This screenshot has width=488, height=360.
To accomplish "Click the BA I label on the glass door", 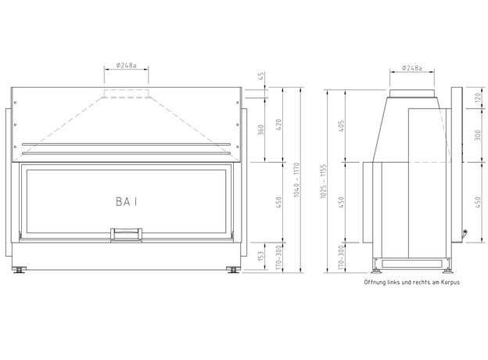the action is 126,201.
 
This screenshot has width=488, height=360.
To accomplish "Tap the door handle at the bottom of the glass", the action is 127,235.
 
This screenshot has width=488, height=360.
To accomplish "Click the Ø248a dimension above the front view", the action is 127,66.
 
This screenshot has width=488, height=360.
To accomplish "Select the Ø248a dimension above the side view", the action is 411,68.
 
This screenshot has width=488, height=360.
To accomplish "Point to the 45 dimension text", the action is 261,76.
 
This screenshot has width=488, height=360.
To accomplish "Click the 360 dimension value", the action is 260,130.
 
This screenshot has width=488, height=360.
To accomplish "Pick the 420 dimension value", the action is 278,125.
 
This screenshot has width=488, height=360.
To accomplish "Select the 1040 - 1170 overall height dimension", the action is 296,180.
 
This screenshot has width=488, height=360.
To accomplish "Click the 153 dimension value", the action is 260,256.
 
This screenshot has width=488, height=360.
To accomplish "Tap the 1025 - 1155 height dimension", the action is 323,182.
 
